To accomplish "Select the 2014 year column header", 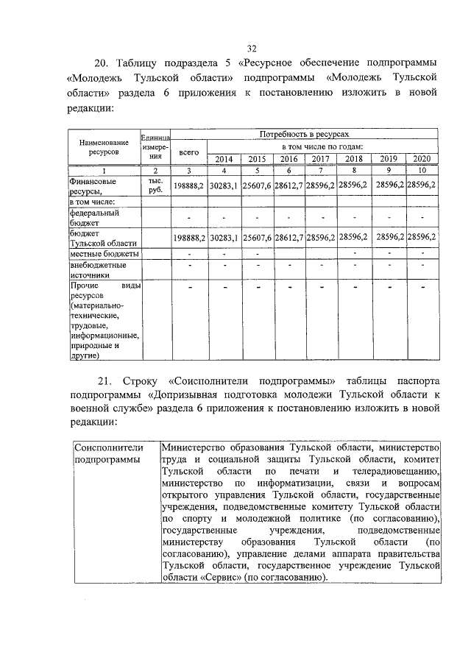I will click(222, 158).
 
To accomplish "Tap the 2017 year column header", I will click(320, 158).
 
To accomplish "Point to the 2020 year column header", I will click(422, 158).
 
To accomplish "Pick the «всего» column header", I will click(188, 151).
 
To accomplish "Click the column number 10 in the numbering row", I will click(422, 170).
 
